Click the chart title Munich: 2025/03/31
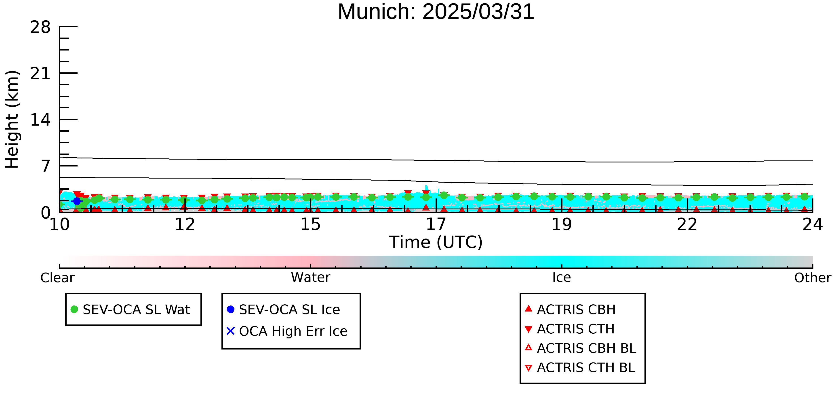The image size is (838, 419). tap(436, 12)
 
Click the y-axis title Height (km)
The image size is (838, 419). tap(12, 119)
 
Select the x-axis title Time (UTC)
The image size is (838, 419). tap(436, 242)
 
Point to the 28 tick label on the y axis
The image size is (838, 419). tap(40, 27)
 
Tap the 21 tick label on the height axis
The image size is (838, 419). tap(40, 74)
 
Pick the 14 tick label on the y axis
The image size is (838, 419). tap(40, 120)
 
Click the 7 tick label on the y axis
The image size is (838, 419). tap(46, 166)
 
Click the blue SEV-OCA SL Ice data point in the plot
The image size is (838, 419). tap(77, 201)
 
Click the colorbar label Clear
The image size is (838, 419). tap(57, 278)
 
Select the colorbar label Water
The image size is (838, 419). tap(311, 278)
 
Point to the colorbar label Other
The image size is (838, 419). tap(813, 278)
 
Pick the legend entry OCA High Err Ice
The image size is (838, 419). tap(287, 331)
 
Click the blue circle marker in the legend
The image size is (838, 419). tap(231, 309)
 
